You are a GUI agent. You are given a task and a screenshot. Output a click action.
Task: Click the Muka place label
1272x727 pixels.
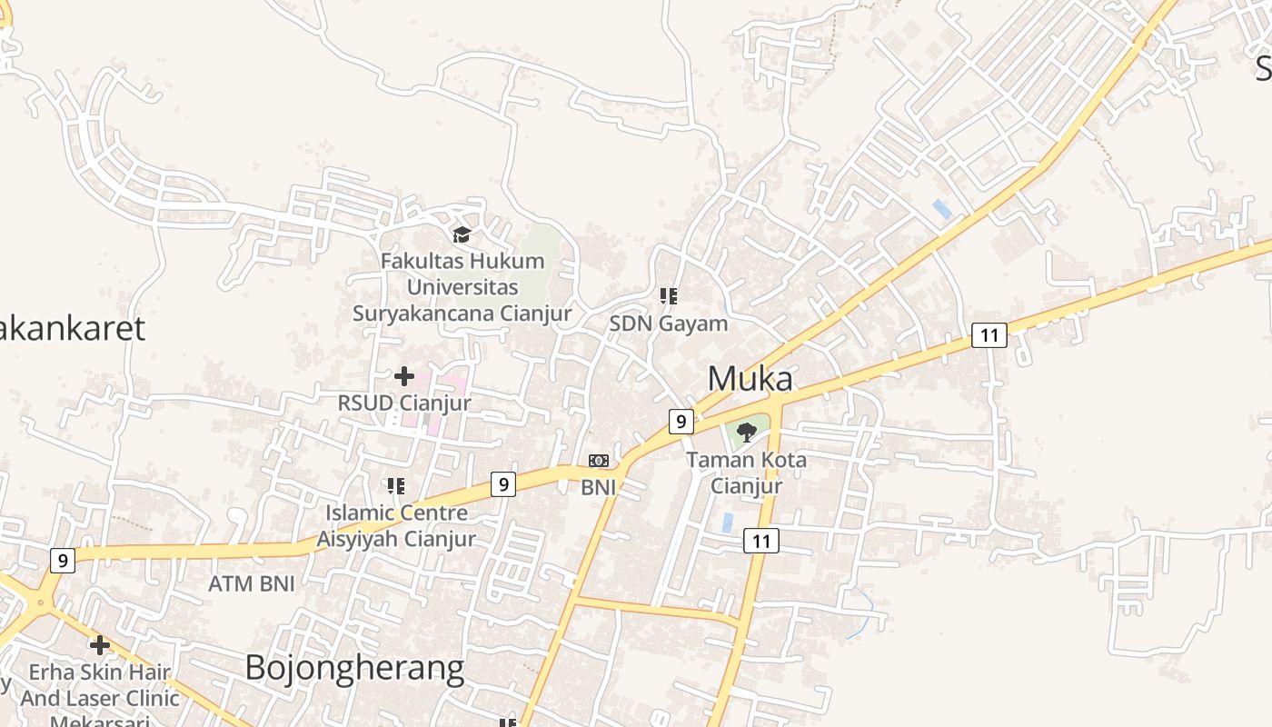(x=750, y=379)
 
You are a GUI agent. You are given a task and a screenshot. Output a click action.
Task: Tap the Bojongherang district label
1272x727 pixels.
(x=354, y=669)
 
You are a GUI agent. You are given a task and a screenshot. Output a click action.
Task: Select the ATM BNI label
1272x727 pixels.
(x=252, y=583)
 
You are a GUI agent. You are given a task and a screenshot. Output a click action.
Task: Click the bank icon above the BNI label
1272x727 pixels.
(x=599, y=461)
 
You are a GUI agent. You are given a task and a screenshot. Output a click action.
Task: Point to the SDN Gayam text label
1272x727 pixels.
(x=669, y=324)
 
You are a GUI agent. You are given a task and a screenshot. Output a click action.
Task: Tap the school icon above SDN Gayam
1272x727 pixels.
(x=669, y=295)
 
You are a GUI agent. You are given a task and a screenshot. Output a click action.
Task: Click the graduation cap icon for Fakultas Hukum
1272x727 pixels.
(x=462, y=235)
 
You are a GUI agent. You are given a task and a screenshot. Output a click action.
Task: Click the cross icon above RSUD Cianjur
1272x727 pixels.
(x=404, y=375)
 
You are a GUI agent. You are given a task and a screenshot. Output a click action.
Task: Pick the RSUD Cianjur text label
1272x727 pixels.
(x=404, y=403)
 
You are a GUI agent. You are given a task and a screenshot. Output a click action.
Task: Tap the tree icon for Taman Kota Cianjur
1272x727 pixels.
(x=747, y=432)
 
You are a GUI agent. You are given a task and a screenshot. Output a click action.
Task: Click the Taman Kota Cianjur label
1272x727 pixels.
(x=746, y=473)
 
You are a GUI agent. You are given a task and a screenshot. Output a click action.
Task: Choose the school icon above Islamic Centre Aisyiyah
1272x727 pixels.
(x=395, y=486)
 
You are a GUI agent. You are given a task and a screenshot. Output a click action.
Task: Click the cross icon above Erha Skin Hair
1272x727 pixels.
(x=100, y=645)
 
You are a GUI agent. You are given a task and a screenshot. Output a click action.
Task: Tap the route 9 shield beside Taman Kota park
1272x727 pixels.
(x=681, y=422)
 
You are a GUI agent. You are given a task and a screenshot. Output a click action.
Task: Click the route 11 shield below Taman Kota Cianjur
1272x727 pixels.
(x=761, y=542)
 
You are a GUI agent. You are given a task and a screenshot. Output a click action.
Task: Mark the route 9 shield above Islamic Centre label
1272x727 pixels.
(x=503, y=483)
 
